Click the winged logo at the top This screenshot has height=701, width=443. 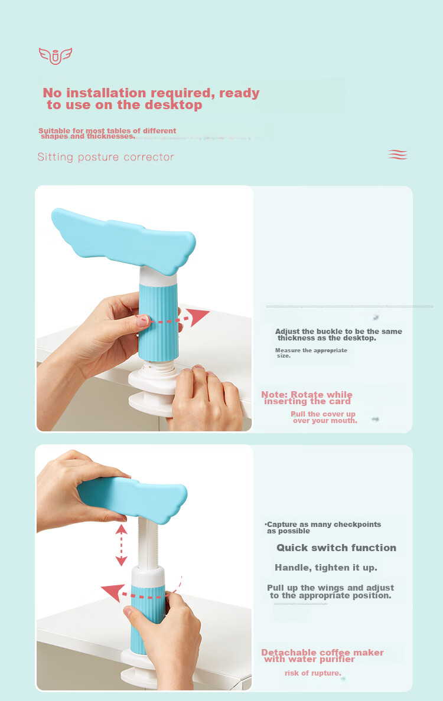tap(55, 56)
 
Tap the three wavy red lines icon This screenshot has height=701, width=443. tap(398, 155)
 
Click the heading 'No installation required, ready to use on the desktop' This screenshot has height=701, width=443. tap(151, 99)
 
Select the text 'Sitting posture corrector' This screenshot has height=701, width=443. tap(106, 157)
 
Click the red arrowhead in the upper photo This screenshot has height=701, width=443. tap(197, 316)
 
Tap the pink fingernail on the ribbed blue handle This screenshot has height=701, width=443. tap(143, 320)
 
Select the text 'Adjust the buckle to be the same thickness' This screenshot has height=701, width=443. tap(338, 335)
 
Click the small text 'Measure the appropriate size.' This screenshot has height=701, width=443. tap(311, 353)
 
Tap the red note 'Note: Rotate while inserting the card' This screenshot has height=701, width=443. tap(307, 398)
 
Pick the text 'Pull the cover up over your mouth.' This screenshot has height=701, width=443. tap(324, 417)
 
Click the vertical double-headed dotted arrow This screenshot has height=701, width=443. tap(121, 545)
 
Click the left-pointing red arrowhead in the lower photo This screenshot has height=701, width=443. tap(113, 592)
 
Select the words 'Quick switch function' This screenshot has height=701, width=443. tap(337, 548)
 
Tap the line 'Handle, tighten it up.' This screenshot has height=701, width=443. tap(326, 568)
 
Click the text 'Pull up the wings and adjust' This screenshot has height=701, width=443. tap(331, 588)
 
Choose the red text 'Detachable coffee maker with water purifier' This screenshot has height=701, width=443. tap(322, 656)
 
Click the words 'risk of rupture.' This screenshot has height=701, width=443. tap(313, 673)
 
